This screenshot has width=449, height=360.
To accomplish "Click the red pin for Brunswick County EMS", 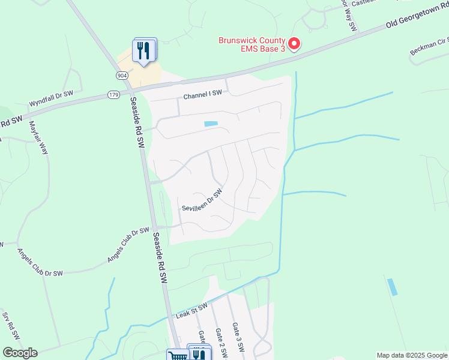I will (294, 44).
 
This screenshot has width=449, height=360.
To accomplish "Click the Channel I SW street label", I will (203, 94).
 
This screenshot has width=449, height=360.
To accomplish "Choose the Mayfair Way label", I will (38, 138).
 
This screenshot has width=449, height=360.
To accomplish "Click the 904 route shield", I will (122, 75).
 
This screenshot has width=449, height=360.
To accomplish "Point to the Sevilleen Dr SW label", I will (202, 200).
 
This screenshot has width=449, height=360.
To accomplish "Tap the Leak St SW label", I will (191, 310).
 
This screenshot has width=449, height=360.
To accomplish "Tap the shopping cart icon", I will (176, 355).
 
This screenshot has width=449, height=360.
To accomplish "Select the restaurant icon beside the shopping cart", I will (198, 354).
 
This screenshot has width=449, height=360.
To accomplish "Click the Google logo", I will (20, 353).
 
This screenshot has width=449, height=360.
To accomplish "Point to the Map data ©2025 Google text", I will (411, 355).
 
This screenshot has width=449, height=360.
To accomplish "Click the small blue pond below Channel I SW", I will (211, 124).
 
